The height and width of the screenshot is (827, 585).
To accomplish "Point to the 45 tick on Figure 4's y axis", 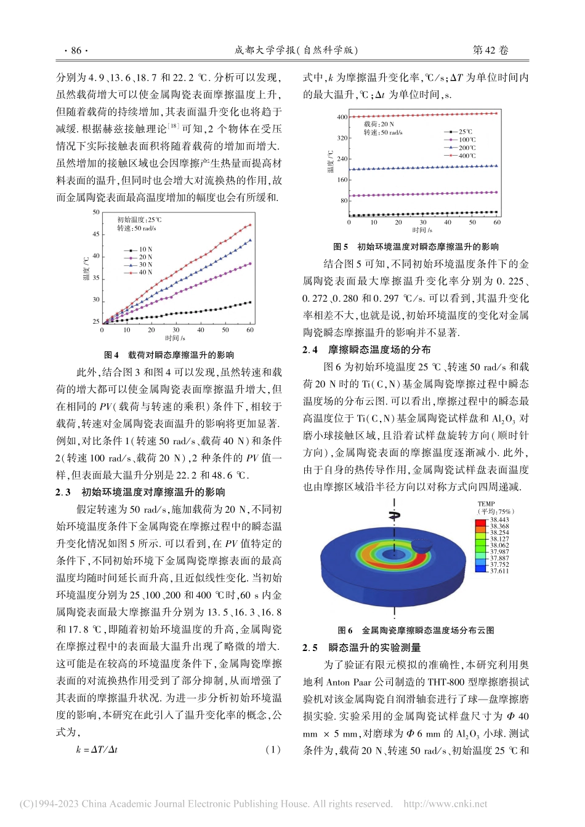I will (x=95, y=234).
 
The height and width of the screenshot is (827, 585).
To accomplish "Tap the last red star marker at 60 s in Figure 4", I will (x=250, y=225).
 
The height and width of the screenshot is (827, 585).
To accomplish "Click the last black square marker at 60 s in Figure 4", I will (x=250, y=302).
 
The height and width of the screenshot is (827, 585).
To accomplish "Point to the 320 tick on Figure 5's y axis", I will (x=342, y=138).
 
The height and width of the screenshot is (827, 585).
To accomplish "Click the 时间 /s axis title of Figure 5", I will (x=422, y=230).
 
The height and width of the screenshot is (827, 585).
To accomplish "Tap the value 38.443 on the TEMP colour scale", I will (x=499, y=520).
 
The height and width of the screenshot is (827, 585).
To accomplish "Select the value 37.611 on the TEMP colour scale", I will (x=499, y=571).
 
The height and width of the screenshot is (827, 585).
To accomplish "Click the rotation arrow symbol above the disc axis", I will (x=394, y=515).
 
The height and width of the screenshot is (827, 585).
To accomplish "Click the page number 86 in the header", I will (x=76, y=50).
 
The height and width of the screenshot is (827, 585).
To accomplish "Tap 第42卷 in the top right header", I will (x=490, y=50).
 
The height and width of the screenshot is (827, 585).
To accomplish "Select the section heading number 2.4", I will (x=310, y=350).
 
